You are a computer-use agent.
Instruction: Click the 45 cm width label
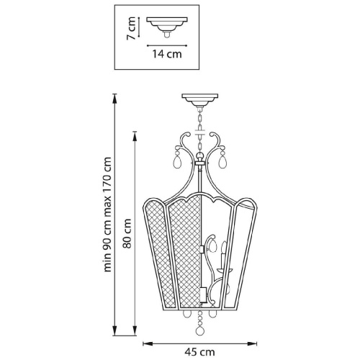pyautogui.click(x=199, y=352)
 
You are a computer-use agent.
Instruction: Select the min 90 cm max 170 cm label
pyautogui.click(x=107, y=215)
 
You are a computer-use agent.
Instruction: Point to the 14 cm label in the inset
pyautogui.click(x=167, y=54)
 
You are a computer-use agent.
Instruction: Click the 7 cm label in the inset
pyautogui.click(x=132, y=28)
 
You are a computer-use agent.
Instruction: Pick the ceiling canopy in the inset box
pyautogui.click(x=167, y=27)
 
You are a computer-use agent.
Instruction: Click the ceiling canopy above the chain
pyautogui.click(x=200, y=100)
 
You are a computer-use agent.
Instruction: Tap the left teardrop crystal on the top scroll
pyautogui.click(x=178, y=160)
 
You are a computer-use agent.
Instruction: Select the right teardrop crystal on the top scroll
pyautogui.click(x=222, y=160)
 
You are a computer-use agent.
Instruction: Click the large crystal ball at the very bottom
pyautogui.click(x=199, y=331)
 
